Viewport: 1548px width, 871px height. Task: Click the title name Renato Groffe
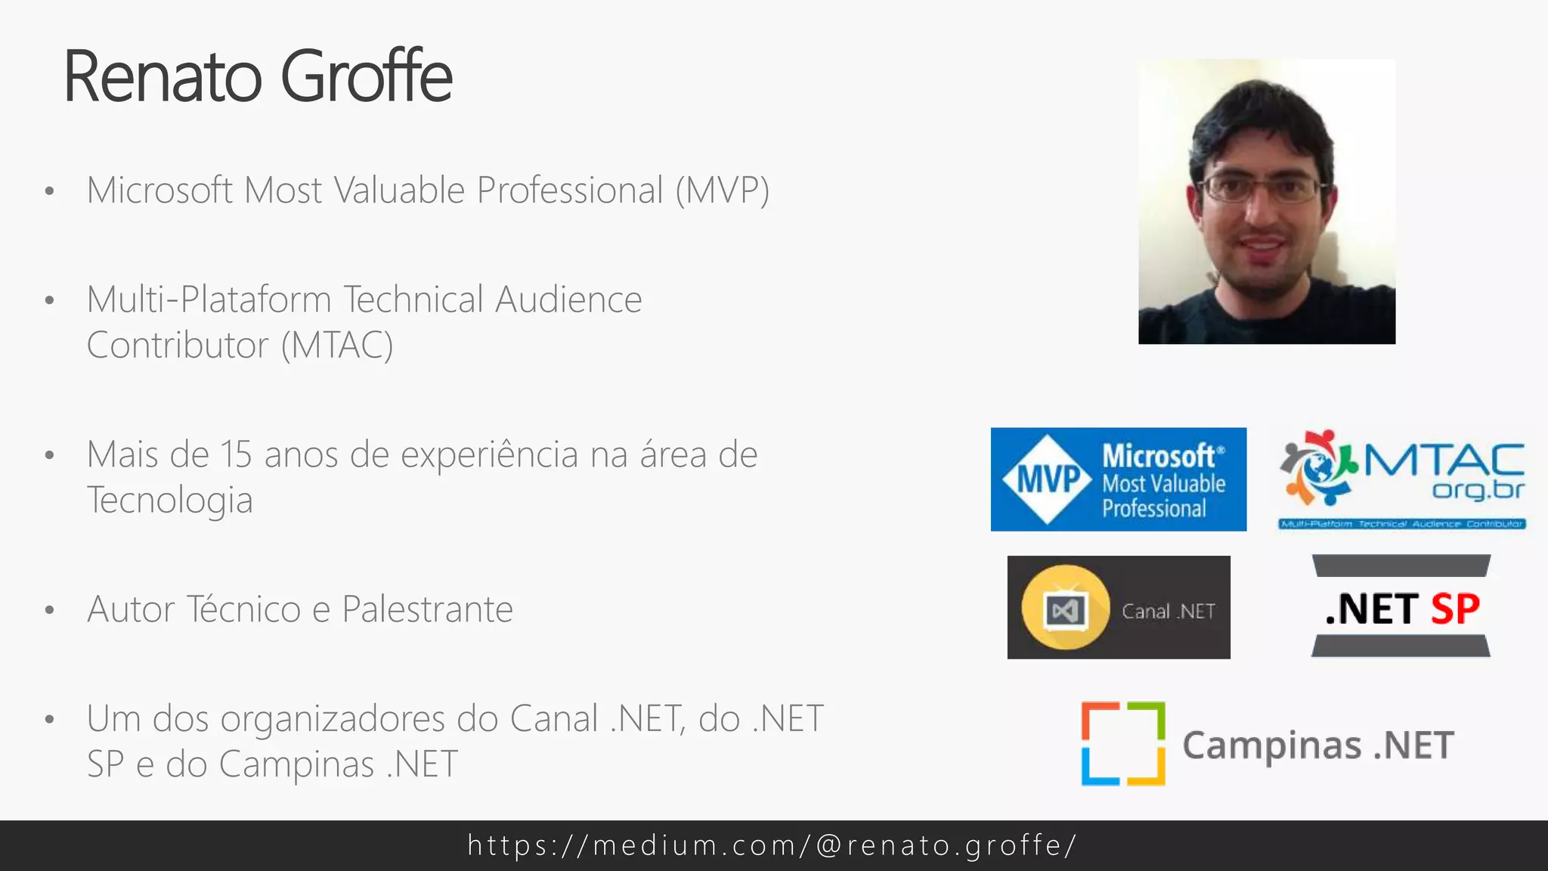click(258, 76)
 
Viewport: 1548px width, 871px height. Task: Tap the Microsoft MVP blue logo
click(1118, 479)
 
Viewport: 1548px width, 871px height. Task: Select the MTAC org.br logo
click(1402, 479)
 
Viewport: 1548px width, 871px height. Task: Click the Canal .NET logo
click(1118, 607)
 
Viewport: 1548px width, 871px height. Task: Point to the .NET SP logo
click(1401, 607)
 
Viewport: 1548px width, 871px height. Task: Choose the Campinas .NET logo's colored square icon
click(1123, 744)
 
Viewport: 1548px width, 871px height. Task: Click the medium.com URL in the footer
click(772, 845)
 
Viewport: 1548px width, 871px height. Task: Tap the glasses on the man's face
click(1260, 188)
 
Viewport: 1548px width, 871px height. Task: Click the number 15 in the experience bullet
click(235, 455)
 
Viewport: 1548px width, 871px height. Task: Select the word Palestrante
click(427, 609)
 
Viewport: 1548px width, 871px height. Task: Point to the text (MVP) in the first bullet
click(722, 191)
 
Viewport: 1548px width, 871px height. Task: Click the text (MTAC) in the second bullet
click(337, 346)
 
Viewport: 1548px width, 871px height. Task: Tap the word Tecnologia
click(170, 501)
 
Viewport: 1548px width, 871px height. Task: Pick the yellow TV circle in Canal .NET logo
click(1065, 607)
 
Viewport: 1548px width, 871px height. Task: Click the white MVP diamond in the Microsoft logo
click(1047, 479)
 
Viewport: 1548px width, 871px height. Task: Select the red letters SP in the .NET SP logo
click(1455, 609)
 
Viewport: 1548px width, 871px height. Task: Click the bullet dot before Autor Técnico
click(50, 610)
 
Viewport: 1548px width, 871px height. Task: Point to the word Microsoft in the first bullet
click(159, 191)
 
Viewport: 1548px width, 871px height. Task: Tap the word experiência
click(490, 455)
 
